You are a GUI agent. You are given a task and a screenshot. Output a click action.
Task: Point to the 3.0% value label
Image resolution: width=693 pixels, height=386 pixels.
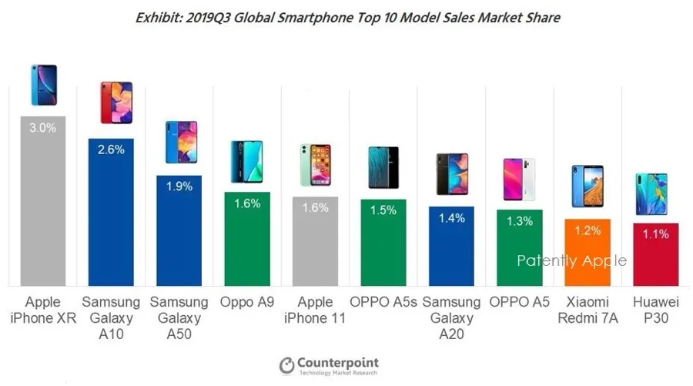pos(43,128)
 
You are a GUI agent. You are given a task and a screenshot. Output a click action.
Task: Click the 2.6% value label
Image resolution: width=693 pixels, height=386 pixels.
pos(112,150)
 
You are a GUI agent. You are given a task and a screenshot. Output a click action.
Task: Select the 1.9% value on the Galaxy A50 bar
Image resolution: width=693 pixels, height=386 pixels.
pos(179,186)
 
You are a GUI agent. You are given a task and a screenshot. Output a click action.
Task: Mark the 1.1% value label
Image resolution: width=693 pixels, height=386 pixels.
pos(655,235)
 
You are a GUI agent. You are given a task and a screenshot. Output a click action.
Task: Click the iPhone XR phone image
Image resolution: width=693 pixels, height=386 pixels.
pos(43,86)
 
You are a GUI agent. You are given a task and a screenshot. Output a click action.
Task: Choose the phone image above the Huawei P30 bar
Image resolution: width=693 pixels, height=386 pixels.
pos(655,194)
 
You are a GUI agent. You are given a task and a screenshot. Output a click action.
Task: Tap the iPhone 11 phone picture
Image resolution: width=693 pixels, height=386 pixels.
pos(316,164)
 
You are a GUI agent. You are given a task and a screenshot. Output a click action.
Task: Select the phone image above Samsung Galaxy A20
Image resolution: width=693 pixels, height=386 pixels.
pos(451,173)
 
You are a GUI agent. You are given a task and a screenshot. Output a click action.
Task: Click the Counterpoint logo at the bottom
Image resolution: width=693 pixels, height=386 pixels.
pos(329,364)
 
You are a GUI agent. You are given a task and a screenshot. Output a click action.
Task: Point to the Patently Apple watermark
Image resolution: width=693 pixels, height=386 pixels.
pos(571,260)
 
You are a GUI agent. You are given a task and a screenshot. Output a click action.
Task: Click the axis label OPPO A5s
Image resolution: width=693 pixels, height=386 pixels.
pos(383,302)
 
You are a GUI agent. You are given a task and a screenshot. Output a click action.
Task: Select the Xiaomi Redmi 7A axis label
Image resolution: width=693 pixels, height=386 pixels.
pos(587,310)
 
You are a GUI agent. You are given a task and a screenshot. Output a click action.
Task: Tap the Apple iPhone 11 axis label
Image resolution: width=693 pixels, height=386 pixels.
pos(316,310)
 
